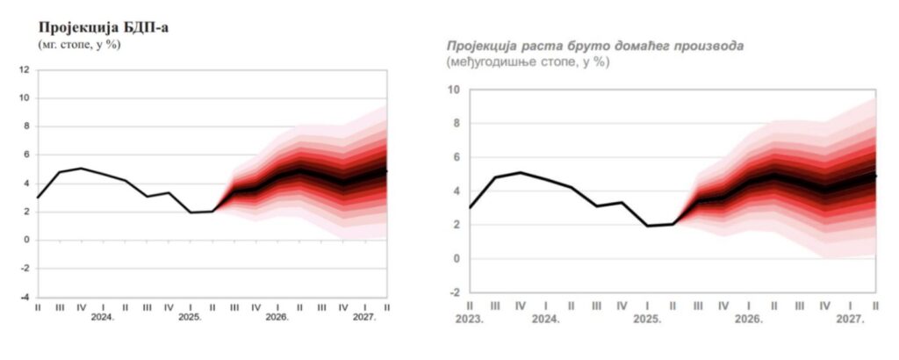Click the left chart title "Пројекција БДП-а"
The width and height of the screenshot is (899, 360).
click(103, 28)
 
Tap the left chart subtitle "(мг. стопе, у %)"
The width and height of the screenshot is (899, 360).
click(78, 44)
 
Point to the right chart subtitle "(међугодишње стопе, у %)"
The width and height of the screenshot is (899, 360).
click(527, 61)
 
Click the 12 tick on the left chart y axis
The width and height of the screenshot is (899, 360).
click(25, 69)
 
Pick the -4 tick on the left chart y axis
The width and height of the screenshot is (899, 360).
click(25, 297)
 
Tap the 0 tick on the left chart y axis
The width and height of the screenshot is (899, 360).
click(26, 240)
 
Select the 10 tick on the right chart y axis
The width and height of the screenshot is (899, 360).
click(453, 90)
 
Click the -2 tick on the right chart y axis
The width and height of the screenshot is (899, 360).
click(454, 292)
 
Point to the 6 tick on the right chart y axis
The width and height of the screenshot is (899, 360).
click(456, 157)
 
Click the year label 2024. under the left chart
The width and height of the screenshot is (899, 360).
click(103, 318)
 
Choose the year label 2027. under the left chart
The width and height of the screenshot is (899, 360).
click(363, 318)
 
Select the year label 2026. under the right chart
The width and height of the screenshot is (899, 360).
click(749, 320)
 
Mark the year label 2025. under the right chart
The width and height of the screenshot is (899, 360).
click(647, 320)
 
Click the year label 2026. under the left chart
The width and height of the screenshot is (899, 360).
click(277, 318)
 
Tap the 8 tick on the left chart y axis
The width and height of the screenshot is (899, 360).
click(26, 126)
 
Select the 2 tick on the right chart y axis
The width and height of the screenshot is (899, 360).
click(456, 225)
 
